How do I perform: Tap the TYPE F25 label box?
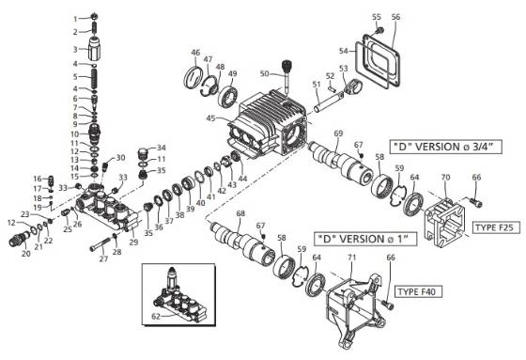point(496,228)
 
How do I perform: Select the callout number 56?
point(395,18)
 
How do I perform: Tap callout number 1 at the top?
point(75,19)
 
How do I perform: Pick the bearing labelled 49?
point(227,95)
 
